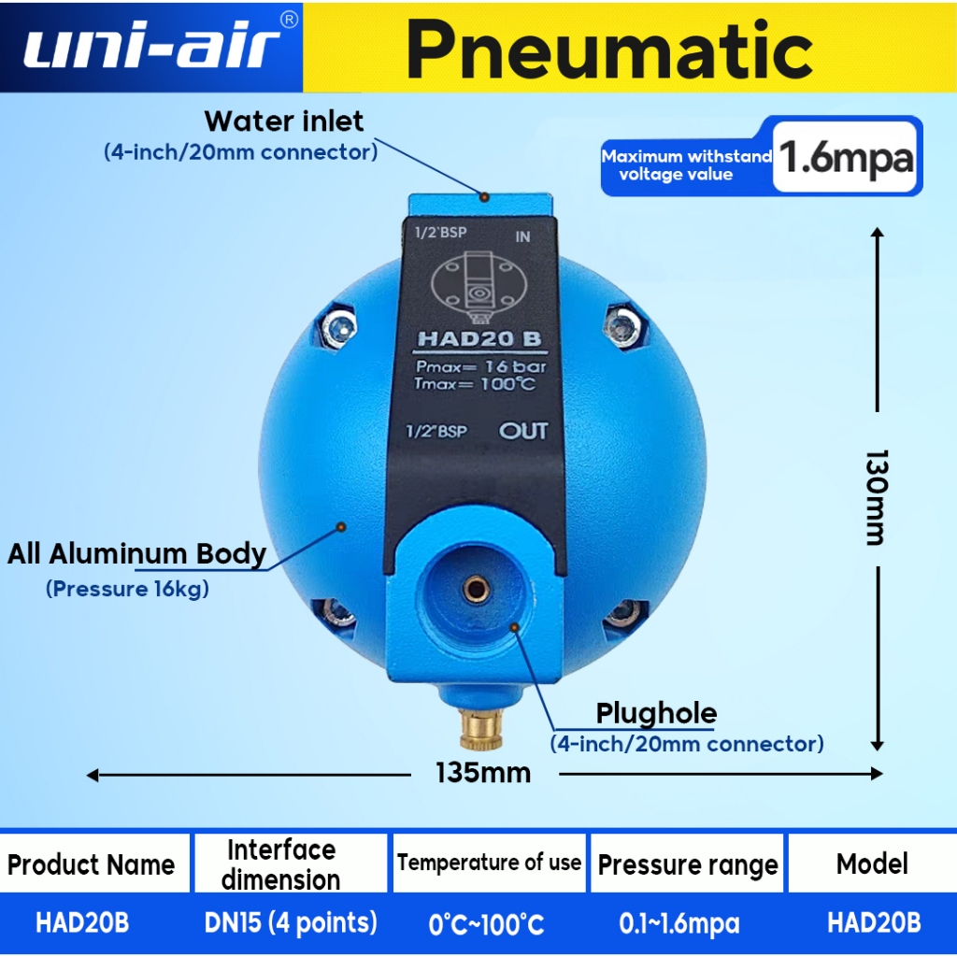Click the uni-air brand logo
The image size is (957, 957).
[151, 47]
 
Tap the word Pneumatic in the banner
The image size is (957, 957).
[609, 49]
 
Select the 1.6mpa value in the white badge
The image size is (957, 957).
[845, 157]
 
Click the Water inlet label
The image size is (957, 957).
[284, 121]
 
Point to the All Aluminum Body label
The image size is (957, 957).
[137, 554]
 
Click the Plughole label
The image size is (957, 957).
[656, 714]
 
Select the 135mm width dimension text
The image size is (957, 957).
[483, 773]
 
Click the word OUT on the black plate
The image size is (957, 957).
[523, 432]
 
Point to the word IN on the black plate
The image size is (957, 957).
[522, 236]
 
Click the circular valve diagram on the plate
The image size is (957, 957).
[477, 283]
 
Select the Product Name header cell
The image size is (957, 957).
[92, 864]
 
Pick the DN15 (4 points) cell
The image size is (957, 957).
[291, 923]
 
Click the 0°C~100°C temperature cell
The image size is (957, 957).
[486, 925]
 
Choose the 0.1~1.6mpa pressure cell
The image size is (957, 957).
[679, 924]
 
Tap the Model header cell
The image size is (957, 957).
[872, 864]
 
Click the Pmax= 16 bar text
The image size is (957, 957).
[480, 366]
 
